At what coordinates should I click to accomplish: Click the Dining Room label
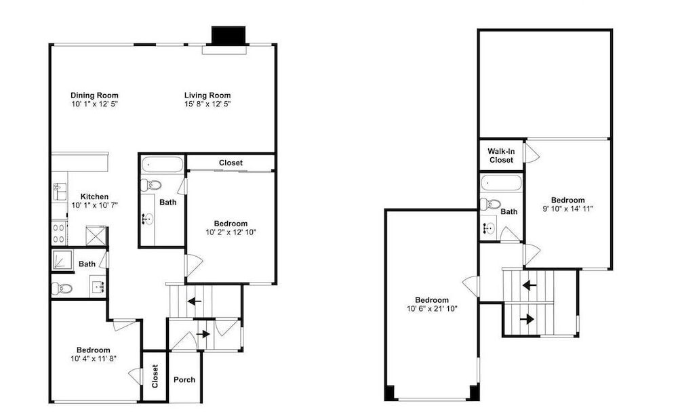(94, 96)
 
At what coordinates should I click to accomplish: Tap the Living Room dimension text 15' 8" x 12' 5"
(207, 104)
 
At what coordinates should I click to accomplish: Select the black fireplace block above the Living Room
(228, 35)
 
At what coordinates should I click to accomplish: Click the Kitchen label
(94, 196)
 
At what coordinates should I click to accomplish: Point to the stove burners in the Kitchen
(59, 233)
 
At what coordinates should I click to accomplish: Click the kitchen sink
(60, 191)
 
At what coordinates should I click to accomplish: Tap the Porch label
(184, 379)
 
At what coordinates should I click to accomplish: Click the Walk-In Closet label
(501, 156)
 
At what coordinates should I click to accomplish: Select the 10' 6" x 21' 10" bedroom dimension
(432, 308)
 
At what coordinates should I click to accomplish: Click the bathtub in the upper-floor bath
(502, 183)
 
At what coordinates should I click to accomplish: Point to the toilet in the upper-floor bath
(490, 205)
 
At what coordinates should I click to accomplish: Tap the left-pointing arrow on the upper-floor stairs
(530, 285)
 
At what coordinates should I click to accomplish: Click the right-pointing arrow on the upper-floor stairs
(527, 319)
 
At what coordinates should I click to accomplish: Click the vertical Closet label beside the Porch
(155, 376)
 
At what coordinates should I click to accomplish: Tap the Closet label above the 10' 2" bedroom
(231, 163)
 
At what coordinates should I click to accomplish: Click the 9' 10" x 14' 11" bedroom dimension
(567, 209)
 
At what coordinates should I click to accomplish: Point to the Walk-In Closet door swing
(532, 152)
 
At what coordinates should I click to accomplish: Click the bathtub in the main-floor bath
(162, 165)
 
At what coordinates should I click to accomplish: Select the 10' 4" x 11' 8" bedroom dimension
(94, 358)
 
